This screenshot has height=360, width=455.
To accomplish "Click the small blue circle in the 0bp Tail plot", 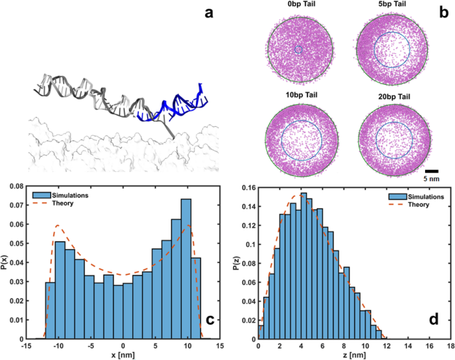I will click(x=298, y=50).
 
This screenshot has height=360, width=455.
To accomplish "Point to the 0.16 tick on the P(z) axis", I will click(x=246, y=189).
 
